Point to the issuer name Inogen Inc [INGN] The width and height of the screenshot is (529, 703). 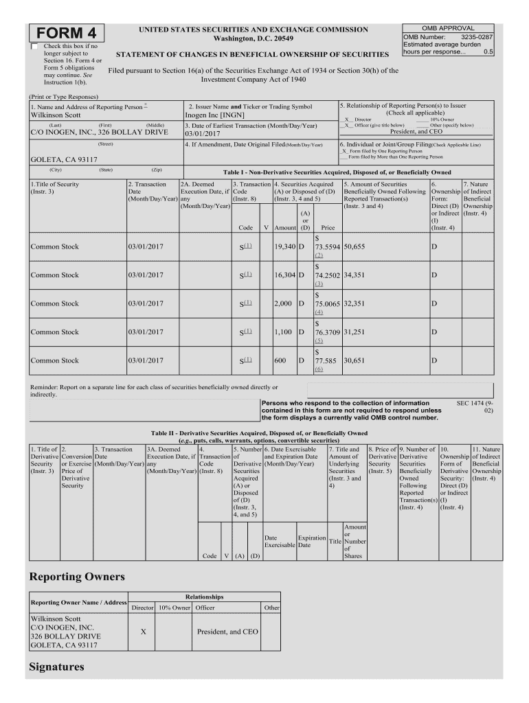pyautogui.click(x=210, y=115)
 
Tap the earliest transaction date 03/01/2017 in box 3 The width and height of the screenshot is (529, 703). pyautogui.click(x=207, y=135)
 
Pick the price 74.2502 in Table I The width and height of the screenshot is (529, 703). pyautogui.click(x=328, y=275)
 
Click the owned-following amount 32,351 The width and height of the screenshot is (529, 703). pyautogui.click(x=354, y=303)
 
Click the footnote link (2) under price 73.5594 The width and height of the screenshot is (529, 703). pyautogui.click(x=319, y=255)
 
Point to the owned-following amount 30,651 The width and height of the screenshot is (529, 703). pyautogui.click(x=354, y=360)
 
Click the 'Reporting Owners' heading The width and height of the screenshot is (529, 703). pyautogui.click(x=76, y=575)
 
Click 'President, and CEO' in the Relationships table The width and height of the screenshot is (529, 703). pyautogui.click(x=227, y=632)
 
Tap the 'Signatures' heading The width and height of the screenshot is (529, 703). pyautogui.click(x=57, y=667)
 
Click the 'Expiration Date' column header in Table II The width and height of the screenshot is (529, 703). pyautogui.click(x=311, y=541)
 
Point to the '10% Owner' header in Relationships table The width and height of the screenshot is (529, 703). pyautogui.click(x=175, y=608)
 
